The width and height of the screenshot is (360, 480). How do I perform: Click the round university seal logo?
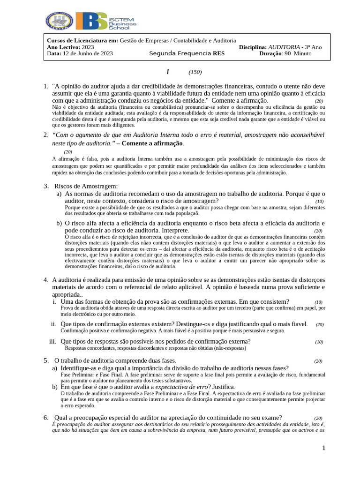59,22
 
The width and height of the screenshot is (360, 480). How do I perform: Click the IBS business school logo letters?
91,22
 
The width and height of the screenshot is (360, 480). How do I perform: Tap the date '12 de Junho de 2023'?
88,53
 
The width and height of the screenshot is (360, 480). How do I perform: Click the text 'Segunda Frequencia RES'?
187,53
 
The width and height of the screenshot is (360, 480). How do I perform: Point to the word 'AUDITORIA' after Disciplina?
284,47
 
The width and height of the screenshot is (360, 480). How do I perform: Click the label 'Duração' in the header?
270,53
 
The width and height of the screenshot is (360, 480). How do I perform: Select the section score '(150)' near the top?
195,72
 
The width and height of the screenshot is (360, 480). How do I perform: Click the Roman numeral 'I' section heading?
168,72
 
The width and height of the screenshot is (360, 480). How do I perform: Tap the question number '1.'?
46,86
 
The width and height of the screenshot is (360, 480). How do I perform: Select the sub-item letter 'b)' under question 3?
60,223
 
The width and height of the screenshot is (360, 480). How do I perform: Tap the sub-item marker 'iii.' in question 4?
52,341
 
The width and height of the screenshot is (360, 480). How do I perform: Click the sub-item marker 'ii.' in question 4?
53,324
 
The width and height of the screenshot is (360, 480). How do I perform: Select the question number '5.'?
46,360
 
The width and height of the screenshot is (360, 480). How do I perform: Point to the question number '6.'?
46,418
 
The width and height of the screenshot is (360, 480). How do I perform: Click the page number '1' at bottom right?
323,449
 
